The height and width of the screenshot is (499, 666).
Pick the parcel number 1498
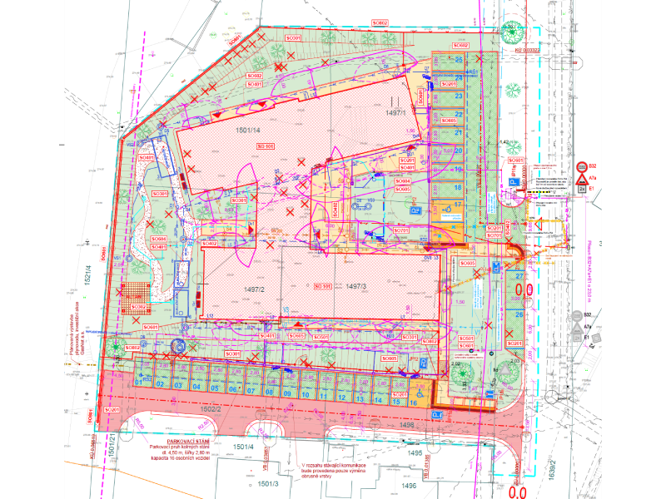click(x=407, y=425)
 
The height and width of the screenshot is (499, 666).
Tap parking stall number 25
click(x=459, y=61)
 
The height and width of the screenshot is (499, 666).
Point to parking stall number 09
click(x=286, y=393)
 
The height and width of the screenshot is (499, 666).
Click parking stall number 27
click(x=519, y=275)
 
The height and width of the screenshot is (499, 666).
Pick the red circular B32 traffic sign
click(x=583, y=166)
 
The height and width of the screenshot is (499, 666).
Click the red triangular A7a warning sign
click(x=594, y=178)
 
